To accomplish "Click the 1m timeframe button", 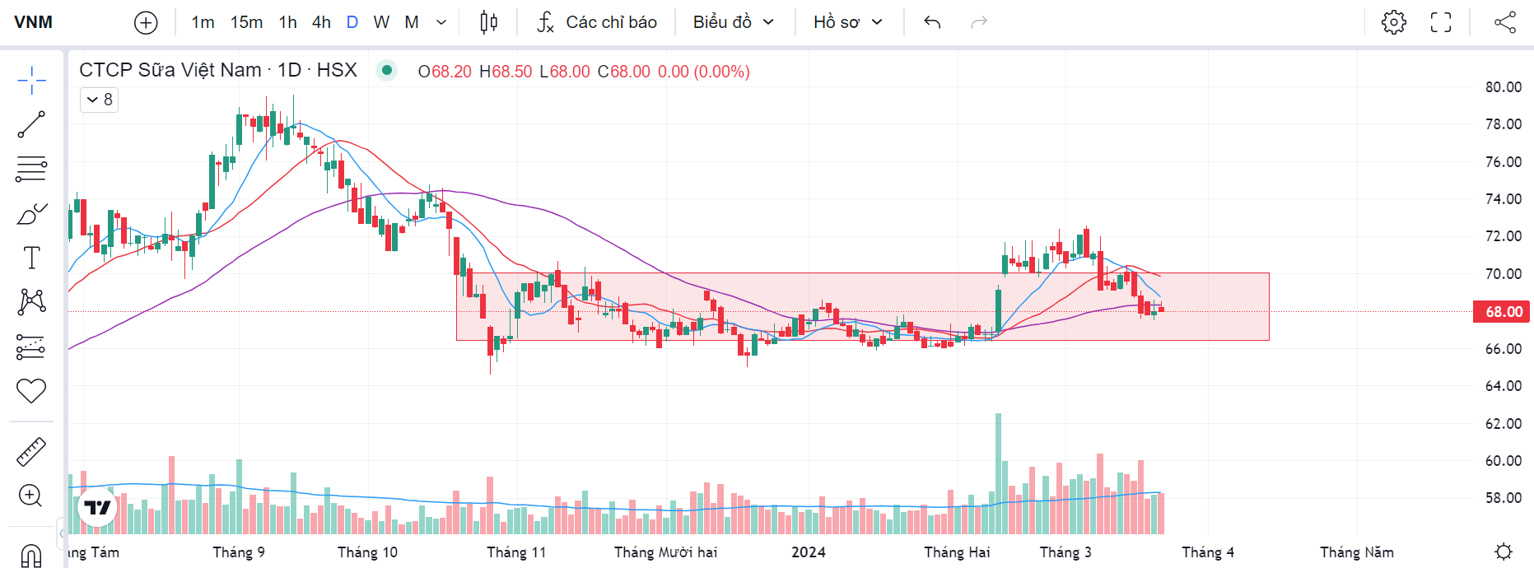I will [203, 22].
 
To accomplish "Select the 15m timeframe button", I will [246, 22].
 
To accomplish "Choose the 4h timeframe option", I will [321, 22].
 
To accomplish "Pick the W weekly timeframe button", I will [381, 22].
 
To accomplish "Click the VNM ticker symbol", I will [34, 22].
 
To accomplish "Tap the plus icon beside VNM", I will [146, 22].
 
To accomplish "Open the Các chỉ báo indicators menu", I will [597, 22].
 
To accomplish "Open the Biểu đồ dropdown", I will [733, 22].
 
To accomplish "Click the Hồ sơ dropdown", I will [847, 22].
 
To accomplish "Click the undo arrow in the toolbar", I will [932, 22].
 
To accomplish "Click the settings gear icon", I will [1393, 22].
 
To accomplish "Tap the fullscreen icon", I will [1441, 22].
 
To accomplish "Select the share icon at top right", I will [1505, 22].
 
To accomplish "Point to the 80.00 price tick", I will [1503, 87].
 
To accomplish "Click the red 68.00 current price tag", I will [1503, 312].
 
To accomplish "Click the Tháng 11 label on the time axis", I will [516, 552].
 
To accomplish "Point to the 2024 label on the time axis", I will [809, 552].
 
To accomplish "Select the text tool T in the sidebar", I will [31, 258].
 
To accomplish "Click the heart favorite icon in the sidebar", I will [31, 390].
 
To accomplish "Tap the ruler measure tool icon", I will [31, 452].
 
